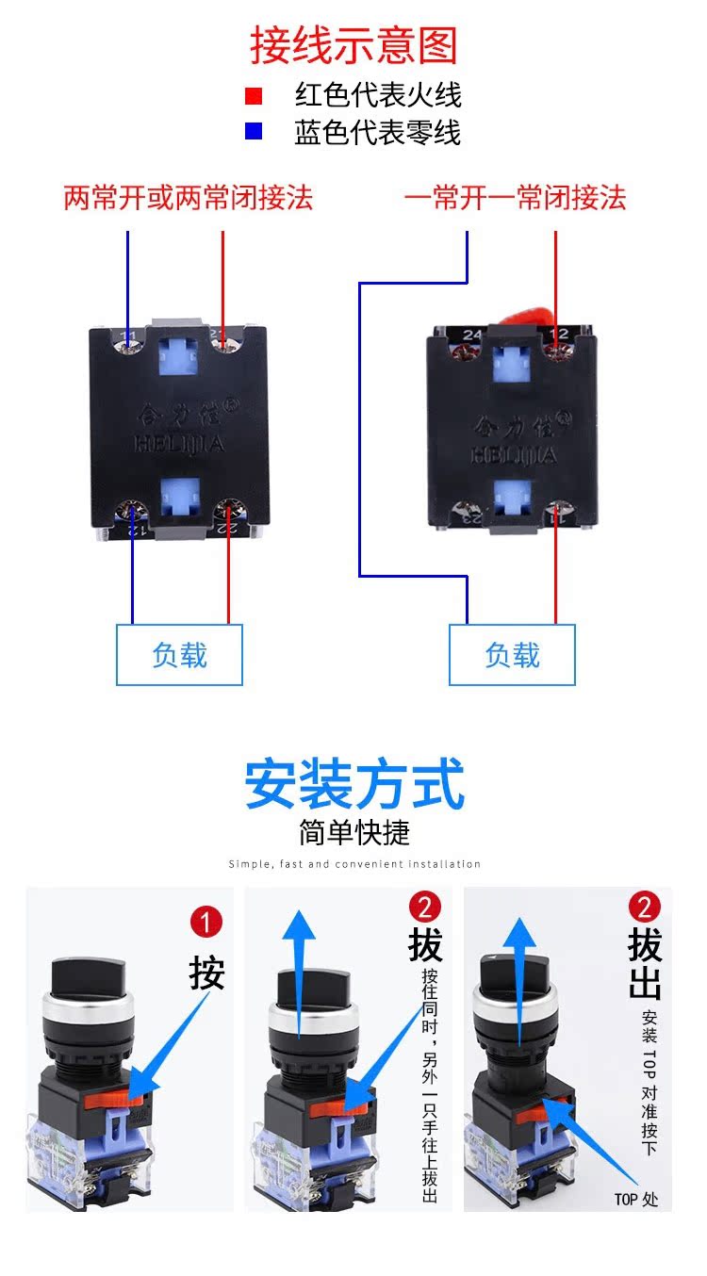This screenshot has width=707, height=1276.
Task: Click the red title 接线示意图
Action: [353, 45]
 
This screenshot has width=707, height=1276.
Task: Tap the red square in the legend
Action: [253, 95]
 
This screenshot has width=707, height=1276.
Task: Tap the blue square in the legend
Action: [253, 132]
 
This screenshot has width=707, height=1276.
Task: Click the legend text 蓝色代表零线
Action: [377, 133]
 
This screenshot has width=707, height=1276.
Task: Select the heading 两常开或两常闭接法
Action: [188, 198]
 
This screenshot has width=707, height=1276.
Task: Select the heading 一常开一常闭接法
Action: [515, 198]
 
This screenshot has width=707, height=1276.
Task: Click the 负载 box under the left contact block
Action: [179, 654]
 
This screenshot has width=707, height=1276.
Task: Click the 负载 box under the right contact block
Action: [512, 654]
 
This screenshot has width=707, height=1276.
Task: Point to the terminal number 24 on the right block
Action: [472, 334]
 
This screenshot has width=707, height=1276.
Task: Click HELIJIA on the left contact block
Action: [180, 444]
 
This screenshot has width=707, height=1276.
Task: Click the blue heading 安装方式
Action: [354, 785]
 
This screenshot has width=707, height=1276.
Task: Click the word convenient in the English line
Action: [370, 864]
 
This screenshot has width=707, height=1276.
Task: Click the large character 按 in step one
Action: [206, 973]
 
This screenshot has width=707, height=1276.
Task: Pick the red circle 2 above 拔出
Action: [645, 908]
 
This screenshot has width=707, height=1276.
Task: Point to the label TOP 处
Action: [636, 1200]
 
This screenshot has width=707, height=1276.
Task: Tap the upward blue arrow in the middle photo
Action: [300, 971]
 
